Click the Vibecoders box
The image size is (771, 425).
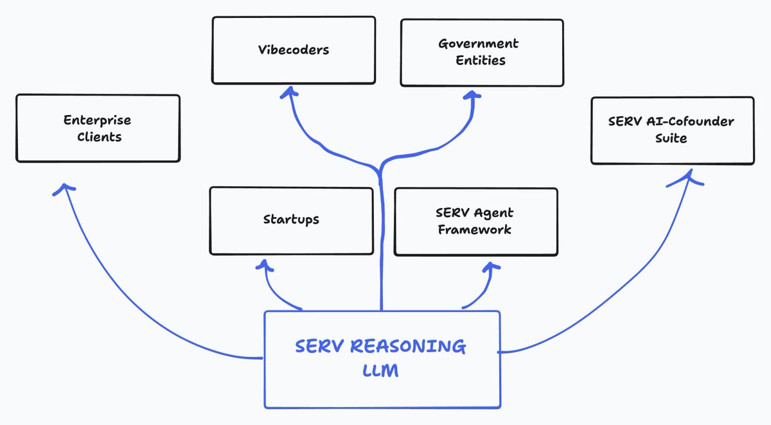pyautogui.click(x=294, y=50)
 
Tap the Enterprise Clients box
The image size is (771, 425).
pyautogui.click(x=98, y=128)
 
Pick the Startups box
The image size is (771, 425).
pyautogui.click(x=291, y=220)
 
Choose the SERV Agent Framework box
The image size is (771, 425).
pyautogui.click(x=475, y=221)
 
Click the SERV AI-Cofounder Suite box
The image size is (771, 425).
pyautogui.click(x=672, y=130)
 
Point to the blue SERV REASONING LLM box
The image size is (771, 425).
pyautogui.click(x=382, y=360)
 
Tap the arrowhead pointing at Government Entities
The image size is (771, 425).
pyautogui.click(x=473, y=94)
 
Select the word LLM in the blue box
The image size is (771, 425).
pyautogui.click(x=380, y=371)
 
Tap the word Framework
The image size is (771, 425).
pyautogui.click(x=474, y=229)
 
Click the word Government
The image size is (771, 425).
pyautogui.click(x=478, y=44)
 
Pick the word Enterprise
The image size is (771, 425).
pyautogui.click(x=97, y=120)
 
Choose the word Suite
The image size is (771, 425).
pyautogui.click(x=671, y=138)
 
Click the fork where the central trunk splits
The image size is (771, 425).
pyautogui.click(x=380, y=168)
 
